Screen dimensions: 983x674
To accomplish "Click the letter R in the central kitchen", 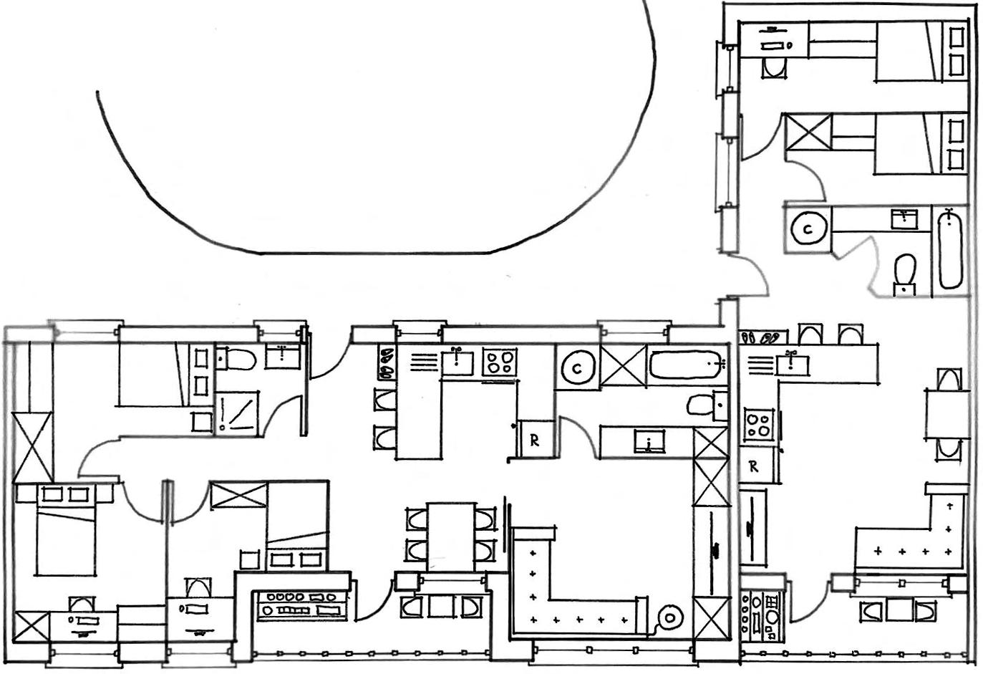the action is point(534,440).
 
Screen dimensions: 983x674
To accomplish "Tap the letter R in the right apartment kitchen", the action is point(753,467).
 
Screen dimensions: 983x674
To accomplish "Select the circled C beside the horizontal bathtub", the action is point(576,369).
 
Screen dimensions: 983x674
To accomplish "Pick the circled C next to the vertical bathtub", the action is point(808,229).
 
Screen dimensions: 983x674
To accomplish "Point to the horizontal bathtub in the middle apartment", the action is point(686,365).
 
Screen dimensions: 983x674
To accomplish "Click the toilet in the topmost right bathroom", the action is point(773,69).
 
